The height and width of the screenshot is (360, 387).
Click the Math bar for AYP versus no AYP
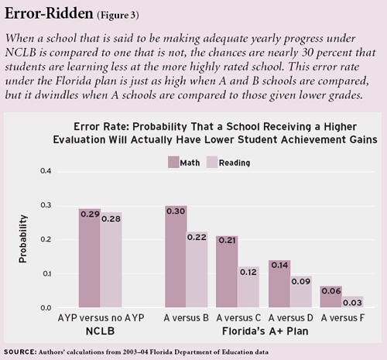90,258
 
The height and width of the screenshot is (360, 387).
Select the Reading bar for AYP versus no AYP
111,260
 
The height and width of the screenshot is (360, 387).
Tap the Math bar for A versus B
176,256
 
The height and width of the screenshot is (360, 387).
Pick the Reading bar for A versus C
248,287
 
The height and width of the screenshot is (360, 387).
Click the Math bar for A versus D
279,283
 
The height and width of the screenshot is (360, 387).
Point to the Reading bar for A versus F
353,302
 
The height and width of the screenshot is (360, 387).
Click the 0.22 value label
197,237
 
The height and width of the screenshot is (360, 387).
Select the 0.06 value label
331,291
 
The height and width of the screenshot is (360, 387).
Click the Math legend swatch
173,162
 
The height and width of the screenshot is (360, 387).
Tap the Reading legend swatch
212,162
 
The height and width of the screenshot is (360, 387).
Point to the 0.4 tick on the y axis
46,171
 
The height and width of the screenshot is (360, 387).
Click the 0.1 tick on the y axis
46,274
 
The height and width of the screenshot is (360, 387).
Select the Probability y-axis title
22,238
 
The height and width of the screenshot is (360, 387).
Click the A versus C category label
238,318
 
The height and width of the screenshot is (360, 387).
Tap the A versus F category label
343,318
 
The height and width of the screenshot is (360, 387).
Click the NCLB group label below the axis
100,331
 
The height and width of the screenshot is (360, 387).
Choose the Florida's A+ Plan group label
265,331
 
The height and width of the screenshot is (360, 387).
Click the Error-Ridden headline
49,13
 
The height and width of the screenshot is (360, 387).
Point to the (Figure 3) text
118,15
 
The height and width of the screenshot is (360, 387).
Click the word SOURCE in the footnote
20,352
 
